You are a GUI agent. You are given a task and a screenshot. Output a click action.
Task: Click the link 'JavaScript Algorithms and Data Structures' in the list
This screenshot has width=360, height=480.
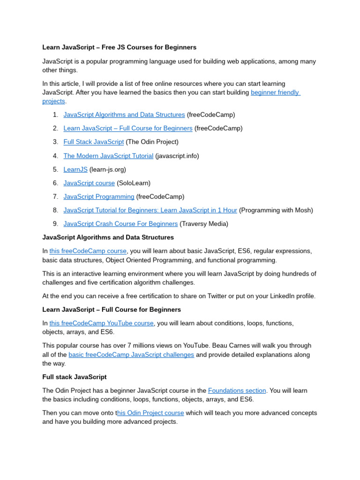pos(124,115)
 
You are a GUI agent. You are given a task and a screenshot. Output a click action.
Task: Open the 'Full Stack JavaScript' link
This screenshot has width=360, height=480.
pos(94,142)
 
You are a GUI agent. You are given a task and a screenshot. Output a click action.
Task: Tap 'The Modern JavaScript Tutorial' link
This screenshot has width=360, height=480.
pos(108,156)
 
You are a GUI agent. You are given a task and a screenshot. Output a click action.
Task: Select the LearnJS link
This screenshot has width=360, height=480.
pos(75,169)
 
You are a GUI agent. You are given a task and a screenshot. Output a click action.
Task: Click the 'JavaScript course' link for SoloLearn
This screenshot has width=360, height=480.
pos(89,183)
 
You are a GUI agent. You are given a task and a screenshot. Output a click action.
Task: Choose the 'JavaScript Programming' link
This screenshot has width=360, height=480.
pos(99,196)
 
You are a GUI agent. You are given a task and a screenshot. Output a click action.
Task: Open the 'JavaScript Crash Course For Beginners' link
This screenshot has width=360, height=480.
pos(120,224)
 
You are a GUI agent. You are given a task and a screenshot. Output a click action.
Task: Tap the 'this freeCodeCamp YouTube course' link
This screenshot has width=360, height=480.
pos(101,323)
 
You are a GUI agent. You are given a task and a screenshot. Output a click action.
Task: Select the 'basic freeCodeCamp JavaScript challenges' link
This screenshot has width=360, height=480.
pos(131,355)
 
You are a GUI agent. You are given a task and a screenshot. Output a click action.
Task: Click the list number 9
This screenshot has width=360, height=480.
pos(55,224)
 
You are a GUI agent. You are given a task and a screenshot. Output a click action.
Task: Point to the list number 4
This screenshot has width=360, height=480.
pos(55,156)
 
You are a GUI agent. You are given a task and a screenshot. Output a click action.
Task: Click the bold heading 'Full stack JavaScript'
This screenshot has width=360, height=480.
pos(75,377)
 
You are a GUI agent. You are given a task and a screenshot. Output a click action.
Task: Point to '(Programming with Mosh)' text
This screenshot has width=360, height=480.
pos(276,210)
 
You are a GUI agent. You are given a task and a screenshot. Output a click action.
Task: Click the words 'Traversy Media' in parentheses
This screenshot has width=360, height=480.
pos(204,224)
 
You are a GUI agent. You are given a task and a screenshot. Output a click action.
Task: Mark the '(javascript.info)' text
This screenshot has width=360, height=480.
pos(177,156)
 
